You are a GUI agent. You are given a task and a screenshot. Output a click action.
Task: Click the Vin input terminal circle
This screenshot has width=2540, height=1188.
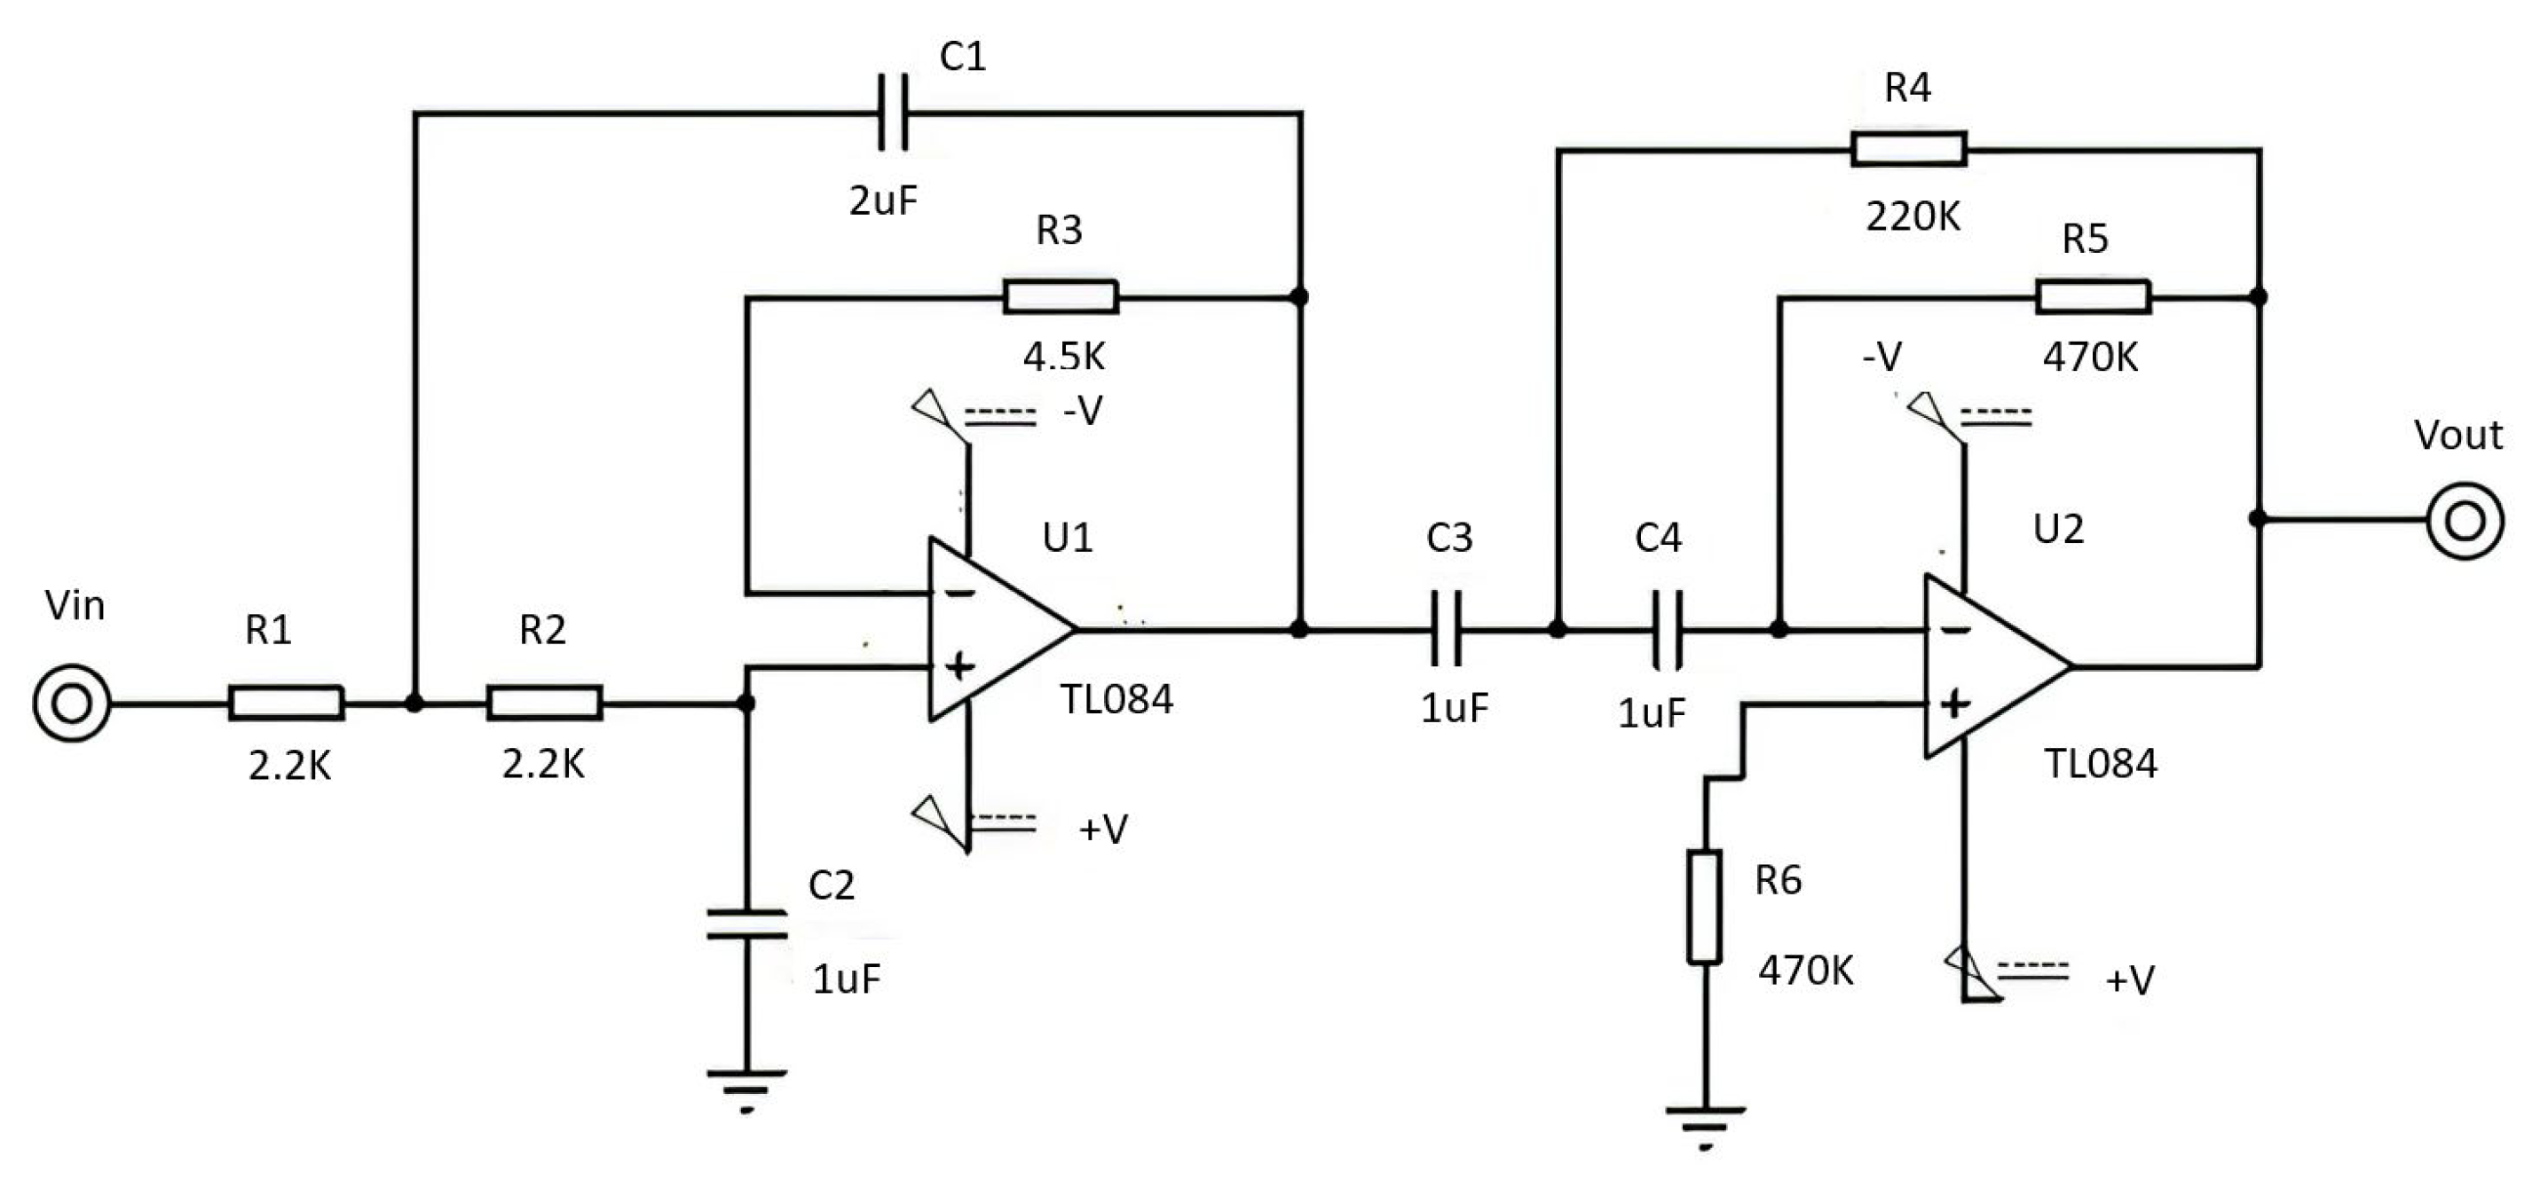(x=71, y=704)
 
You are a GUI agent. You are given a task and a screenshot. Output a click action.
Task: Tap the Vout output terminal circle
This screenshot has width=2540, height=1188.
(x=2464, y=520)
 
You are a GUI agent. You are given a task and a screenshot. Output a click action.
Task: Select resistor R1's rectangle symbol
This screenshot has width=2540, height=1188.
(x=286, y=703)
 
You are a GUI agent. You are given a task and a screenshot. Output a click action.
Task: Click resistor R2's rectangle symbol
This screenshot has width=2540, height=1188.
(x=543, y=703)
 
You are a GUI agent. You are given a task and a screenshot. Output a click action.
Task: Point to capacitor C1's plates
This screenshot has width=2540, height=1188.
(x=894, y=114)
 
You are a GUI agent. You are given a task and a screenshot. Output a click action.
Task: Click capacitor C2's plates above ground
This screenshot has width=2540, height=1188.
(x=746, y=924)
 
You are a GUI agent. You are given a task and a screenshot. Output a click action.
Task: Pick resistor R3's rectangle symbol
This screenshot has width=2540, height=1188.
(x=1060, y=296)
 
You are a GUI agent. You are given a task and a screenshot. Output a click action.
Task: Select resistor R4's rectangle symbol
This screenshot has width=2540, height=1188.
(x=1908, y=149)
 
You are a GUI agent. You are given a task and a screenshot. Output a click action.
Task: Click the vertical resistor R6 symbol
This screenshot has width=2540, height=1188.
(x=1704, y=906)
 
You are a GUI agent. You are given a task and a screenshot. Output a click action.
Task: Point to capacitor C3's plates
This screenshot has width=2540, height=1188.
(x=1446, y=629)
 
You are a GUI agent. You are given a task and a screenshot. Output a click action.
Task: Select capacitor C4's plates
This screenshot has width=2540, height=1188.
(x=1667, y=629)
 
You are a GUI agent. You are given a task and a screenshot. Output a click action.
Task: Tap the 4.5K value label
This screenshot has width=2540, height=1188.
(x=1063, y=356)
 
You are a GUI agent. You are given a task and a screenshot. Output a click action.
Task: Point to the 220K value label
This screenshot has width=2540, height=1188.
(x=1912, y=216)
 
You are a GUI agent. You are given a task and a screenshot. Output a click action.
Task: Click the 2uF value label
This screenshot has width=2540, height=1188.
(x=882, y=201)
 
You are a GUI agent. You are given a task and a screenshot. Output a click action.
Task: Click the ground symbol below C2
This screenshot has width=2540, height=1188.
(x=746, y=1089)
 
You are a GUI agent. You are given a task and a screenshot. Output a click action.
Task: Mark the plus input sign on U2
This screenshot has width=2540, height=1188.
(x=1953, y=704)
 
